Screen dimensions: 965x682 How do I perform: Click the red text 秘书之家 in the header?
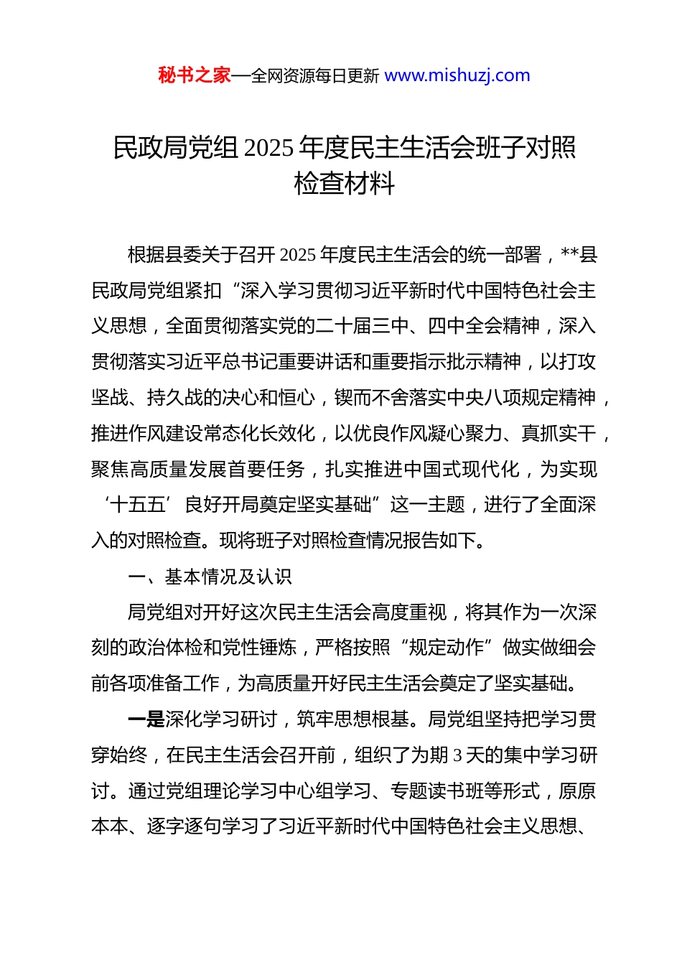pyautogui.click(x=195, y=75)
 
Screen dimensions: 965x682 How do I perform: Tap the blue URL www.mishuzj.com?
pyautogui.click(x=457, y=75)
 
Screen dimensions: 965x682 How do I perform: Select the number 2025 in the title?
pyautogui.click(x=268, y=148)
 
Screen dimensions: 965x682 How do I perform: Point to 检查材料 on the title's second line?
pyautogui.click(x=344, y=184)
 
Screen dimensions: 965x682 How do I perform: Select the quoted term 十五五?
pyautogui.click(x=137, y=505)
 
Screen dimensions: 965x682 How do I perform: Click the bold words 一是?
pyautogui.click(x=146, y=719)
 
